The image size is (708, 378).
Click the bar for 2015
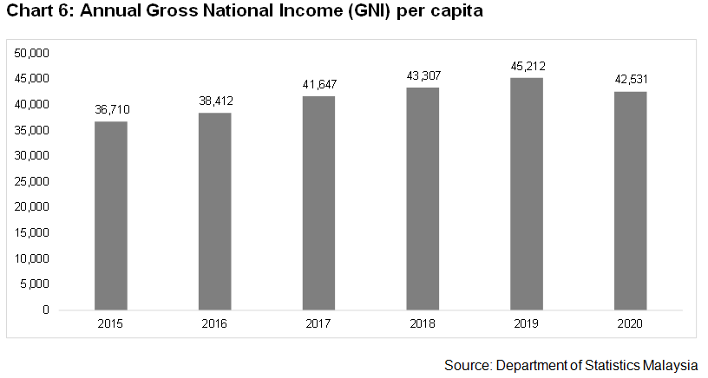click(111, 215)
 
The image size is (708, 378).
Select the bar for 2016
click(214, 211)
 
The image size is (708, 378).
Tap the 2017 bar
click(318, 202)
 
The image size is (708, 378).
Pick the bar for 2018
click(423, 198)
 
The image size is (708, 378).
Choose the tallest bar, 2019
click(527, 193)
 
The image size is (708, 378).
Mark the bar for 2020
click(631, 200)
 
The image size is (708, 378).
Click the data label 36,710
click(111, 110)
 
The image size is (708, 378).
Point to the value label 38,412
click(214, 101)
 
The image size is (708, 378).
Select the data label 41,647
click(318, 85)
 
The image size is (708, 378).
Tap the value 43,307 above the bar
click(423, 75)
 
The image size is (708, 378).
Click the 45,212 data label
click(527, 66)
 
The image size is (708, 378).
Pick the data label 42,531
click(631, 80)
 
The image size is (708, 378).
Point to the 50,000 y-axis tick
click(32, 54)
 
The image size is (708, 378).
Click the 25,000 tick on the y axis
click(32, 182)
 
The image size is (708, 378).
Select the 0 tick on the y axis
click(45, 310)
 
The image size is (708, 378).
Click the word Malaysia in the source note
click(672, 365)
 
